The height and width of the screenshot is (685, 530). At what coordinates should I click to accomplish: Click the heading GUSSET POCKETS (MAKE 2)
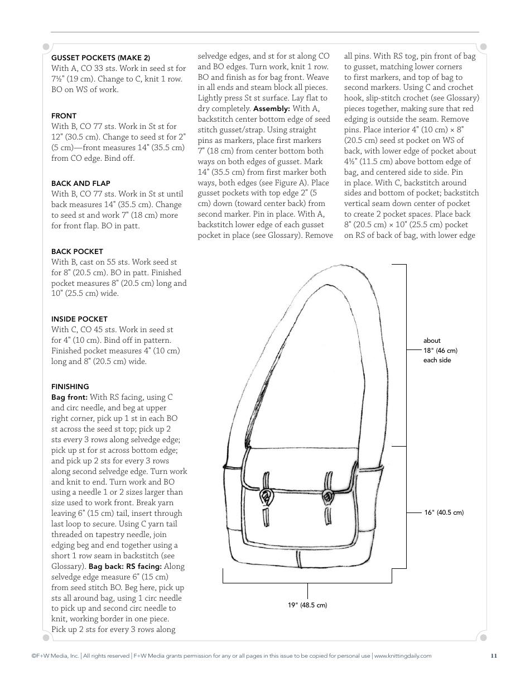pos(100,58)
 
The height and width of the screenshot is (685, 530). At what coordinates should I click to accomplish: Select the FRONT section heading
pos(64,116)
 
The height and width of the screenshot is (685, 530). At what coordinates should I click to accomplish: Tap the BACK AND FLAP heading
pos(80,183)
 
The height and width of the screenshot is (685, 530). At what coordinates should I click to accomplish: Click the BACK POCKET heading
pos(77,252)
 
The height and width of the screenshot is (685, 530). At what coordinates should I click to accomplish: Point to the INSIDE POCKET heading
pos(79,319)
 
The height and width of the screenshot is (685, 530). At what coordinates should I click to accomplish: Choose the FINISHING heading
pos(70,386)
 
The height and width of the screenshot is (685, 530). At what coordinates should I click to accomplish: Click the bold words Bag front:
pos(69,397)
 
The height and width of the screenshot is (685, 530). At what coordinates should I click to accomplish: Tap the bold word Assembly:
pos(271,108)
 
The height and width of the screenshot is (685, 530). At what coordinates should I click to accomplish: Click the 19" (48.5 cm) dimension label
pos(307,605)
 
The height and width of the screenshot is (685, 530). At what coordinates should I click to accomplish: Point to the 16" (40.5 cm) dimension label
pos(444,512)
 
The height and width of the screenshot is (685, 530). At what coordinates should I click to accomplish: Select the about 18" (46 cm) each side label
pos(440,350)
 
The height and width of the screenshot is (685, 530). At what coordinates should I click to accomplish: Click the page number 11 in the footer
pos(494,656)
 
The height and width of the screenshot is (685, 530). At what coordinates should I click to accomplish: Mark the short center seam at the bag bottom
pos(299,558)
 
